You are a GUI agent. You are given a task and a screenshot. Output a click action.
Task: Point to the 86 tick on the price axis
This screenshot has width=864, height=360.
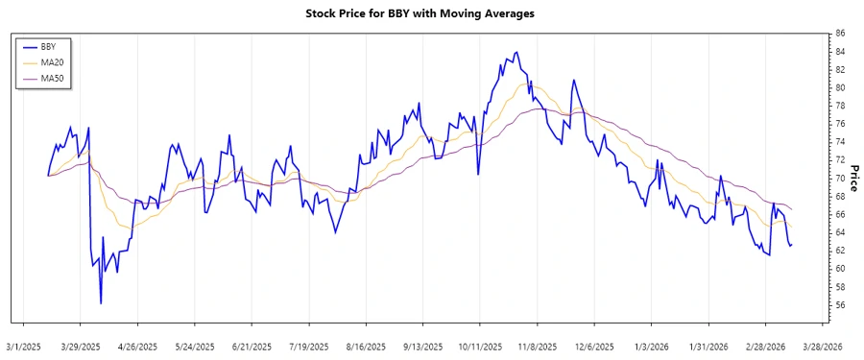tap(840, 34)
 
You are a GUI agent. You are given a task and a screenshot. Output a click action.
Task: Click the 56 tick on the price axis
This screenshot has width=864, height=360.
tap(840, 305)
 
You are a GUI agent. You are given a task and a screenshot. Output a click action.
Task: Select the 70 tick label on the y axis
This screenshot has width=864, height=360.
tap(840, 179)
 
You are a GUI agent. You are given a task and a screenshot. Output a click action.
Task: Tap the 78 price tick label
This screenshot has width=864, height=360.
tap(840, 106)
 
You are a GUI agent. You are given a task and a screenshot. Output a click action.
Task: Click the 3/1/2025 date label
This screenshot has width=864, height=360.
tap(24, 346)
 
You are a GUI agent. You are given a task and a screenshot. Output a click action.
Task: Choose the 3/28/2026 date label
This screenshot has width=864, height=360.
tap(823, 346)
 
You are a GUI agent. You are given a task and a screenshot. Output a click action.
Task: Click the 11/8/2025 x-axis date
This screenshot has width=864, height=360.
tap(538, 346)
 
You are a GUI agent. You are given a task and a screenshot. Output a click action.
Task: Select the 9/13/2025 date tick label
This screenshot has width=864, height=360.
tap(423, 346)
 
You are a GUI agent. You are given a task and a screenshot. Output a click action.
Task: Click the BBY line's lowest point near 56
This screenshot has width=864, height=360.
tap(101, 303)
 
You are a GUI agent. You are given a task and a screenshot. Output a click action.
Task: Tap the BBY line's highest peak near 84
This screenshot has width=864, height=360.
tap(517, 52)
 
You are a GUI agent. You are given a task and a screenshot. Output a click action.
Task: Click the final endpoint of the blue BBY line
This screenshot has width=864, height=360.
tap(791, 245)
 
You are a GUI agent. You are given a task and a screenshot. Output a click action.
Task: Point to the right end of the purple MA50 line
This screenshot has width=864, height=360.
tap(791, 208)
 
